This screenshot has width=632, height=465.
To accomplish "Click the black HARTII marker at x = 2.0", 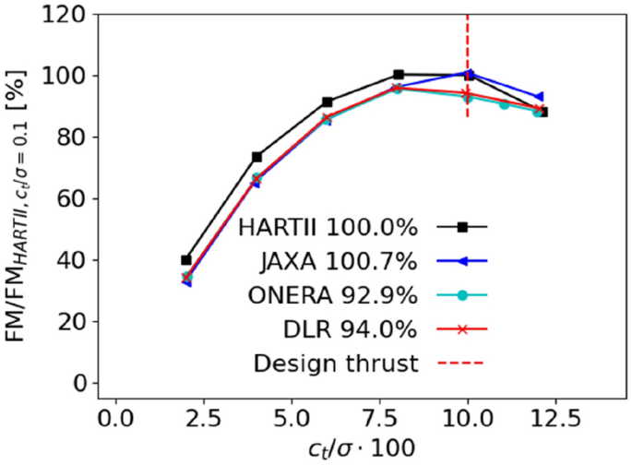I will pyautogui.click(x=186, y=260).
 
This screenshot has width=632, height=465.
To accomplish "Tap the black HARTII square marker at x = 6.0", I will pyautogui.click(x=328, y=102).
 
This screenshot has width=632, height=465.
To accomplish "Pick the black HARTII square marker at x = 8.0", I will pyautogui.click(x=398, y=75).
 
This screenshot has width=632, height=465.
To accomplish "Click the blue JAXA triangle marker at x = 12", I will pyautogui.click(x=539, y=97).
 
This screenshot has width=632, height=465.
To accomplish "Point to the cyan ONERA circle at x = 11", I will pyautogui.click(x=504, y=104).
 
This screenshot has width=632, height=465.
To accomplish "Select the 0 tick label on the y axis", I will pyautogui.click(x=78, y=383).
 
